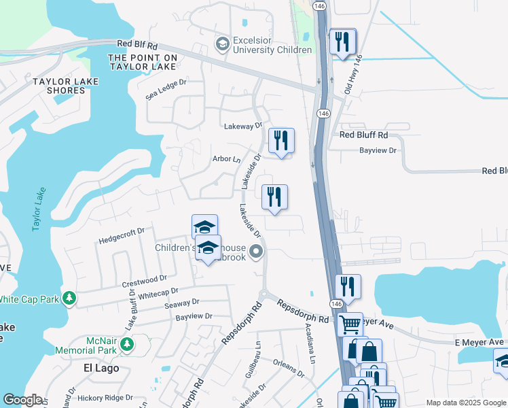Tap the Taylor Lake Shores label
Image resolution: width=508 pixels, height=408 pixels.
coord(66,86)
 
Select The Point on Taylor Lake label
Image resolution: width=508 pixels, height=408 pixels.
coord(142,62)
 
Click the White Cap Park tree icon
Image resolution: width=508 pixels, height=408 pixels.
coord(69,299)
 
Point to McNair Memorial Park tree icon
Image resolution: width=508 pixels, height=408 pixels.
coord(126,345)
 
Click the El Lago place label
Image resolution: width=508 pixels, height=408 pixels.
coord(101,368)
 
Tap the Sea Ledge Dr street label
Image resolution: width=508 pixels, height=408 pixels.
coord(166,90)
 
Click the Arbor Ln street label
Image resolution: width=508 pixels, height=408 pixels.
coord(227,159)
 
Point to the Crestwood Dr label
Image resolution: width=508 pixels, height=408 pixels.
coord(144,279)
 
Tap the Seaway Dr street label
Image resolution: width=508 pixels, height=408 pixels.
coord(181,302)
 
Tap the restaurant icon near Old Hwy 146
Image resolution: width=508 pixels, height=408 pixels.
coord(342,40)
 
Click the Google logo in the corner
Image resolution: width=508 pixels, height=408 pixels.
coord(22,400)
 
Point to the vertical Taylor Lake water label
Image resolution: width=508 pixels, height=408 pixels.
coord(38,209)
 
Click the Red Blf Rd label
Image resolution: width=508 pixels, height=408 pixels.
coord(137,44)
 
